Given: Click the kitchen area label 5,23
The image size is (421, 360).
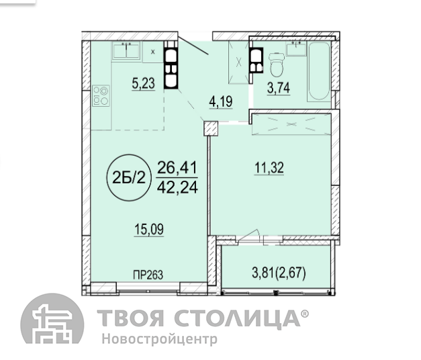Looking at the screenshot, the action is tap(144, 83).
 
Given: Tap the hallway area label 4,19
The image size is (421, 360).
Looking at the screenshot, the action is tap(221, 101).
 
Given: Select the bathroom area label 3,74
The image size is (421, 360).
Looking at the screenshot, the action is tap(279, 87).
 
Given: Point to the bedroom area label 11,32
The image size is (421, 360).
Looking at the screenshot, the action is tap(269, 168).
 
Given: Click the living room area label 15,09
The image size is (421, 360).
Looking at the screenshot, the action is tap(149, 230).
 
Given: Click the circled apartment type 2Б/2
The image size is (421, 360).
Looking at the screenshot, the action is tap(129, 177).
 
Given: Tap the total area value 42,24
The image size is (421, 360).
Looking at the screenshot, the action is tap(177, 187).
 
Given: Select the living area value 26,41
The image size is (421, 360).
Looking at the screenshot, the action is tap(177, 168).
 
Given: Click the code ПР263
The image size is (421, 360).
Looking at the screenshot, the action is tap(148, 275).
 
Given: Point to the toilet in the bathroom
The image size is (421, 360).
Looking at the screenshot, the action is tap(277, 64).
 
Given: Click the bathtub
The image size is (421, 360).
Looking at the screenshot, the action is tap(319, 71).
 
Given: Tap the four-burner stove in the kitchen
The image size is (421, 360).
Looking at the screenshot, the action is tap(101, 95).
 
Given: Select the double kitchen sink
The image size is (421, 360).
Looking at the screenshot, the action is tap(126, 50).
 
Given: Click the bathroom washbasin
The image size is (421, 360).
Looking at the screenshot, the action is tap(296, 48).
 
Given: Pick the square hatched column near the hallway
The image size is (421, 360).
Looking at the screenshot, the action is tap(211, 128).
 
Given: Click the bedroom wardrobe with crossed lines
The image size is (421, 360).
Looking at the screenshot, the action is tap(291, 124).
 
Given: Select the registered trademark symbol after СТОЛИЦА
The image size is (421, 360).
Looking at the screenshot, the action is tap(305, 314).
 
